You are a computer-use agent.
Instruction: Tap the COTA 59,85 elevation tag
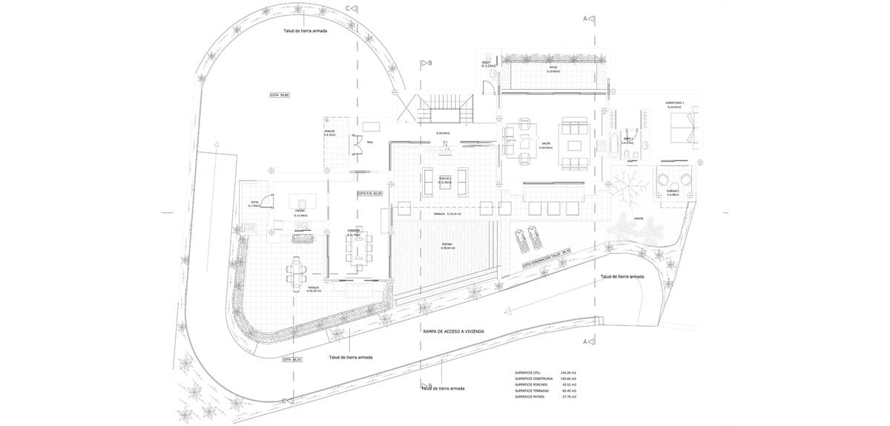pos(279,95)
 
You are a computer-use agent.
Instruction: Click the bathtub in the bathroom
pos(613,145)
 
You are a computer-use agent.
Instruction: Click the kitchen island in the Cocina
pos(303,203)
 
